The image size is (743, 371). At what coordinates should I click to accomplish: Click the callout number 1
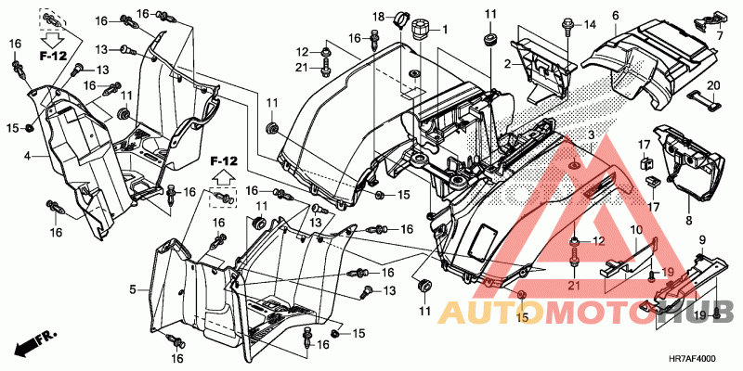pyautogui.click(x=445, y=30)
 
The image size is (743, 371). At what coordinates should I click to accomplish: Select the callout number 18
pyautogui.click(x=378, y=18)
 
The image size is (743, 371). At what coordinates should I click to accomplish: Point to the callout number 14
pyautogui.click(x=589, y=24)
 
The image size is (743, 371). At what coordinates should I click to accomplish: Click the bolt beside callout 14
pyautogui.click(x=567, y=26)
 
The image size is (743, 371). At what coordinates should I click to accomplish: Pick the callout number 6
pyautogui.click(x=616, y=16)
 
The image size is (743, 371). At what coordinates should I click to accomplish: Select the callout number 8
pyautogui.click(x=688, y=221)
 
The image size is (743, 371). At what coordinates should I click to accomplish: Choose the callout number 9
pyautogui.click(x=702, y=239)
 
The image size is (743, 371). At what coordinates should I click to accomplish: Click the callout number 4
pyautogui.click(x=28, y=155)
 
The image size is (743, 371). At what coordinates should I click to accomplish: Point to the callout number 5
pyautogui.click(x=133, y=288)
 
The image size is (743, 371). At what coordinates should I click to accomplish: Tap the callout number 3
pyautogui.click(x=592, y=135)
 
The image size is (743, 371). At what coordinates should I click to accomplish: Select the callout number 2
pyautogui.click(x=507, y=64)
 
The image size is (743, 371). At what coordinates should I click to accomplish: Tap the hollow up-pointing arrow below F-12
pyautogui.click(x=224, y=177)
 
